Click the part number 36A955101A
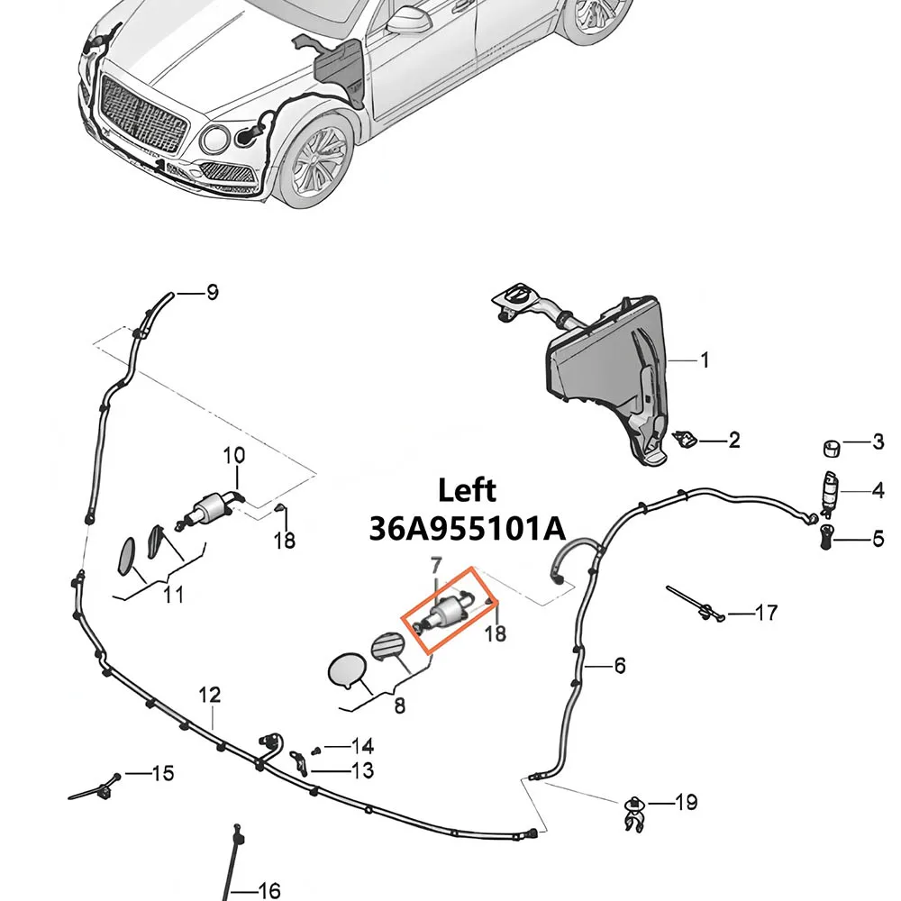pos(467,528)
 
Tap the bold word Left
pos(467,491)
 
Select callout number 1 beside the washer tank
pos(705,360)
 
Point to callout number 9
pos(212,293)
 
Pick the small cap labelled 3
pos(832,448)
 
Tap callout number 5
pos(878,539)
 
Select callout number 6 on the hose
pos(620,666)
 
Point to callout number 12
pos(210,696)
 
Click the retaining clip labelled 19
pos(633,813)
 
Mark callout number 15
pos(162,773)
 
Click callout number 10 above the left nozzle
pos(234,456)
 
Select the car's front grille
pos(143,118)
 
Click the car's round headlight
pos(216,139)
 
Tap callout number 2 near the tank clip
pos(733,441)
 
